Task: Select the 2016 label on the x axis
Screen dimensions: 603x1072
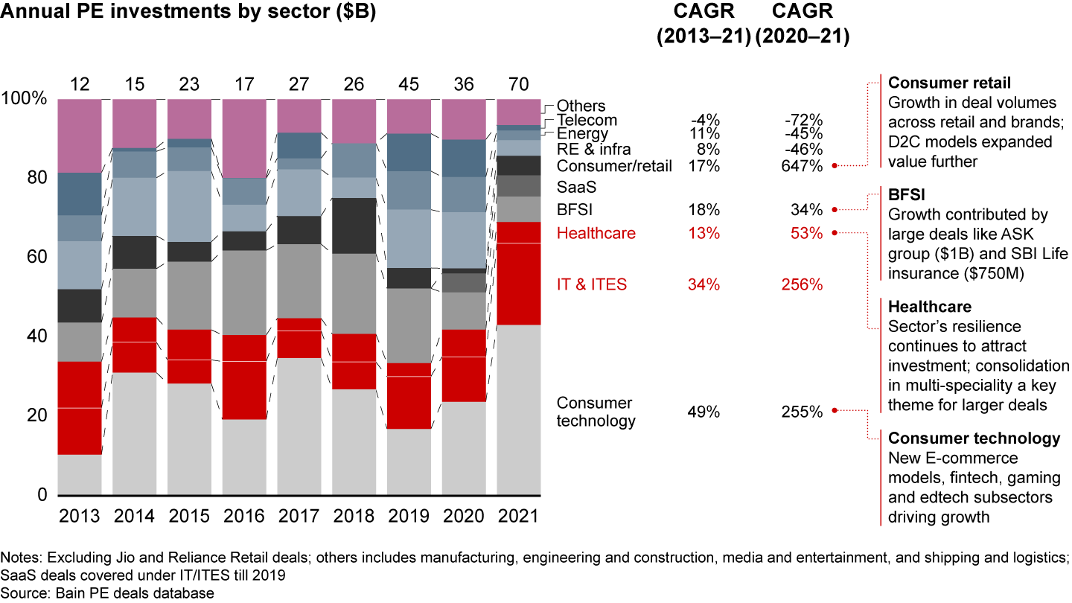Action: [x=244, y=516]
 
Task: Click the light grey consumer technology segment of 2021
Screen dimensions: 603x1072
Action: [x=519, y=409]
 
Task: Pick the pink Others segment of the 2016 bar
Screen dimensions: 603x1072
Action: [x=244, y=138]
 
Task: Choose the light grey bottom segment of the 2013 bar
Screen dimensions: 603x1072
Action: [x=80, y=475]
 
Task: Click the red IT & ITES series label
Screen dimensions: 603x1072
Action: [x=592, y=284]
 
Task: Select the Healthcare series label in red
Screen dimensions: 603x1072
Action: [x=596, y=234]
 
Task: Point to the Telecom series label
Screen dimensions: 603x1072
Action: [x=587, y=121]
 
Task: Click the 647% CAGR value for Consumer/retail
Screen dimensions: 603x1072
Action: [x=802, y=167]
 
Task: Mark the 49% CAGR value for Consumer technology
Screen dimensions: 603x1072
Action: [x=703, y=412]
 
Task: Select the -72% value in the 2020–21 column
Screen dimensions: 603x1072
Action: [x=803, y=121]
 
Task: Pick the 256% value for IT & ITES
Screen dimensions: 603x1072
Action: [x=802, y=284]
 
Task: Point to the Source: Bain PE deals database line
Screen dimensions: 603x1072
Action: [x=107, y=593]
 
